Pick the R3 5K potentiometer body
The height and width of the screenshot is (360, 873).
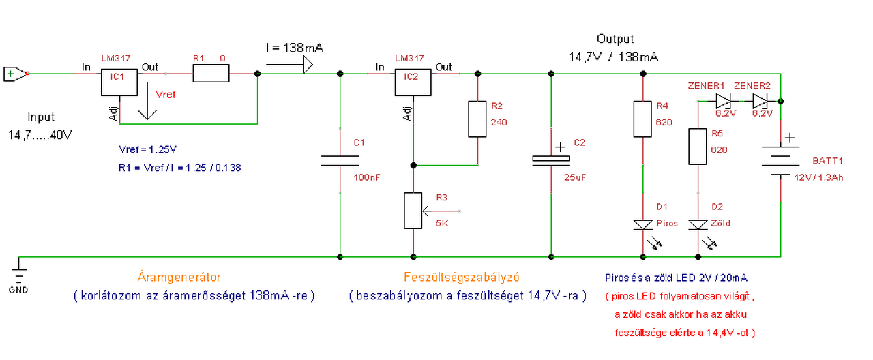tap(413, 210)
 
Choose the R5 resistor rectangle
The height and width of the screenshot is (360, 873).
tap(697, 146)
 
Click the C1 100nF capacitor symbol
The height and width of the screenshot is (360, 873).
tap(340, 160)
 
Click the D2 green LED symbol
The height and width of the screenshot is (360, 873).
tap(697, 224)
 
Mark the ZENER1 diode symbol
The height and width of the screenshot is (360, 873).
tap(724, 102)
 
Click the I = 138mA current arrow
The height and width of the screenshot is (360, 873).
tap(289, 65)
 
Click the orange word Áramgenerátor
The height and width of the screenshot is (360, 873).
tap(180, 277)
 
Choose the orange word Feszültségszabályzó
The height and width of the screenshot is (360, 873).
tap(462, 277)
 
